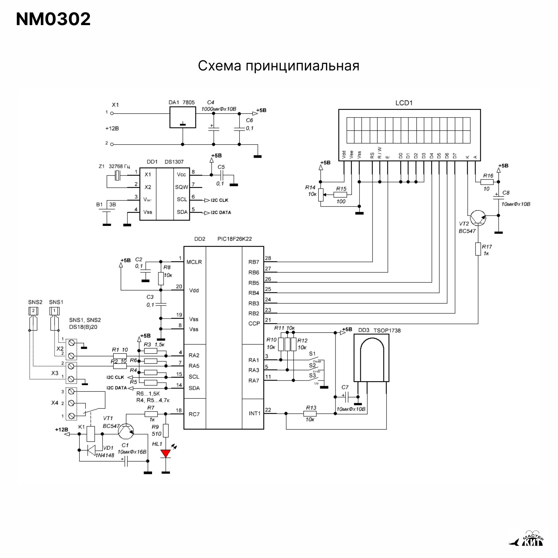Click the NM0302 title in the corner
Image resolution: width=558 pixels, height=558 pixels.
click(53, 19)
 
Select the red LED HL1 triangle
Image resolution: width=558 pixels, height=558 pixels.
click(166, 454)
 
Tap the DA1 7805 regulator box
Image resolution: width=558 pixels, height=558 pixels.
click(182, 117)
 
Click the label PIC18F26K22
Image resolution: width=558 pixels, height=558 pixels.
click(234, 239)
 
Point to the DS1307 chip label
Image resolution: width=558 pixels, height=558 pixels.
click(174, 162)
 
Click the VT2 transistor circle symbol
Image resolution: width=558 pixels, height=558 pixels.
click(477, 218)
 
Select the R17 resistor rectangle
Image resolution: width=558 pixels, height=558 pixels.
click(478, 249)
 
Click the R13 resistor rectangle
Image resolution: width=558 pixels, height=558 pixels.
click(310, 414)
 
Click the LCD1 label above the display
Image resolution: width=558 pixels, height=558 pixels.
click(404, 103)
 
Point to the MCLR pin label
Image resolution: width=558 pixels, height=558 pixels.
click(194, 262)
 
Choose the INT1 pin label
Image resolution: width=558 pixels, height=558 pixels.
click(255, 413)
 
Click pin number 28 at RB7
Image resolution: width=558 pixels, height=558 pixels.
click(268, 258)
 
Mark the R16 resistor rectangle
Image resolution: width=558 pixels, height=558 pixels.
click(487, 182)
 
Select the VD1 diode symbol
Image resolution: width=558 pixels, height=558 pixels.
click(91, 450)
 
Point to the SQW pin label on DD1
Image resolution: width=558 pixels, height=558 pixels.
click(181, 187)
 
